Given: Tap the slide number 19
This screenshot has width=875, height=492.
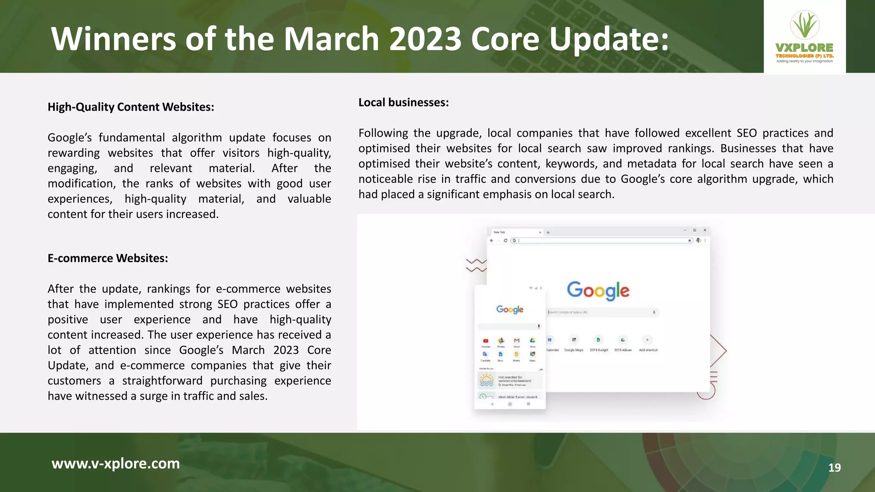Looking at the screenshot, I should click(x=834, y=468).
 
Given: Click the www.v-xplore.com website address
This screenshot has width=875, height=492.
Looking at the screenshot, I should click(x=115, y=463).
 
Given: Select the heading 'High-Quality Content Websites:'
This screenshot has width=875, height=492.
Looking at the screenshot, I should click(x=131, y=107).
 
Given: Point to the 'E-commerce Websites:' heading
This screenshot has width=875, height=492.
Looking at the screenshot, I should click(x=108, y=258).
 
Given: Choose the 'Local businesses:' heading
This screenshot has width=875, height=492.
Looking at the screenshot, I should click(x=403, y=102).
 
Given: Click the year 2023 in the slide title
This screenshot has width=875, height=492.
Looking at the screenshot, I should click(x=426, y=39).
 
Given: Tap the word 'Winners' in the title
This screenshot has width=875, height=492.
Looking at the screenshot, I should click(x=113, y=39).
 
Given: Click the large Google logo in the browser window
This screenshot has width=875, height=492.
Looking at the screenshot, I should click(x=598, y=291).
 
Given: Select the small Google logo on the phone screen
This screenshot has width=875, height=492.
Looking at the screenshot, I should click(x=510, y=309).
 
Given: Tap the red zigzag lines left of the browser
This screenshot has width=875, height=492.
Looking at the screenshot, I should click(x=476, y=265).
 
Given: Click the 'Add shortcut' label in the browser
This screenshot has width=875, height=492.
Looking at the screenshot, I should click(x=648, y=350).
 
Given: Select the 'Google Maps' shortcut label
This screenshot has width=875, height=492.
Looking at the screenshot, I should click(x=574, y=350).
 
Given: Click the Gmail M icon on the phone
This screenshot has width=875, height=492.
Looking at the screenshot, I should click(x=517, y=340).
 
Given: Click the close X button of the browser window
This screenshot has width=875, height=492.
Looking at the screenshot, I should click(x=705, y=230).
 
